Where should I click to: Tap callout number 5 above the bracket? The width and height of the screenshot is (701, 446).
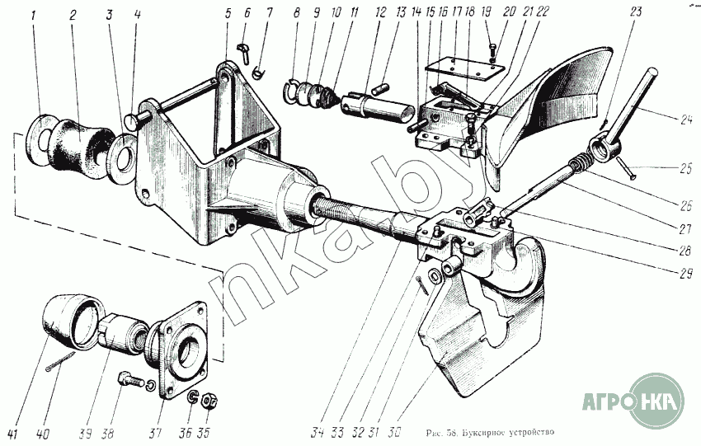point(227,14)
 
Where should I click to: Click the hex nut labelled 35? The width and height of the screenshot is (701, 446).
point(209,401)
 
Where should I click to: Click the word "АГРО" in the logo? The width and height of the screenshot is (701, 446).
point(607,403)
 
